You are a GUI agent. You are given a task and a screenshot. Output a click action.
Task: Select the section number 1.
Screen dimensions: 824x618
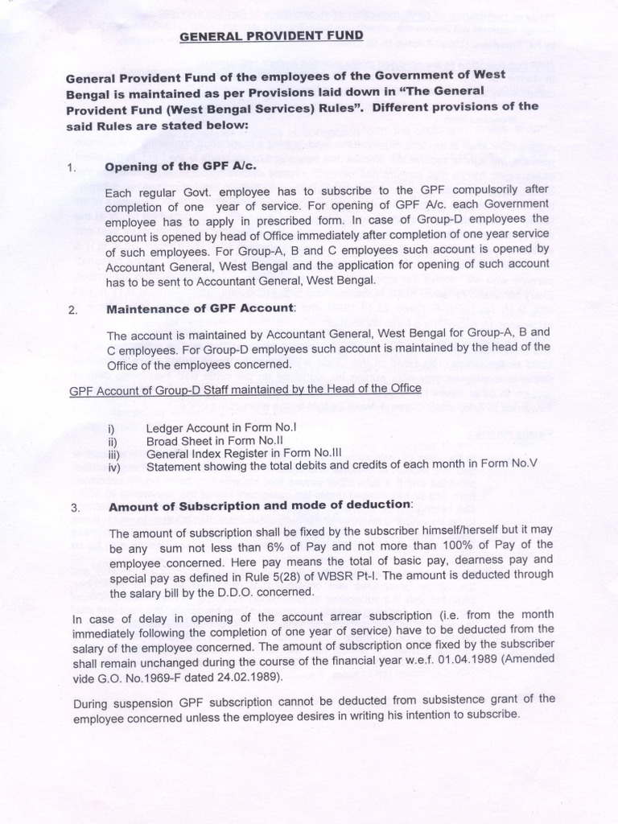pos(73,168)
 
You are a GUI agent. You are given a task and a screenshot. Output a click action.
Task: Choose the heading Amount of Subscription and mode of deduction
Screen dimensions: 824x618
pos(260,506)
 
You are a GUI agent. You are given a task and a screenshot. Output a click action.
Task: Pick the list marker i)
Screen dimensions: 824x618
pos(111,429)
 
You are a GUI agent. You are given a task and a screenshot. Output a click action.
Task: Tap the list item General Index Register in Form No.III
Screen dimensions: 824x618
pos(239,453)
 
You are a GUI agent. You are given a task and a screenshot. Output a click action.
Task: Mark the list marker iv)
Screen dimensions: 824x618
pos(113,466)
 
